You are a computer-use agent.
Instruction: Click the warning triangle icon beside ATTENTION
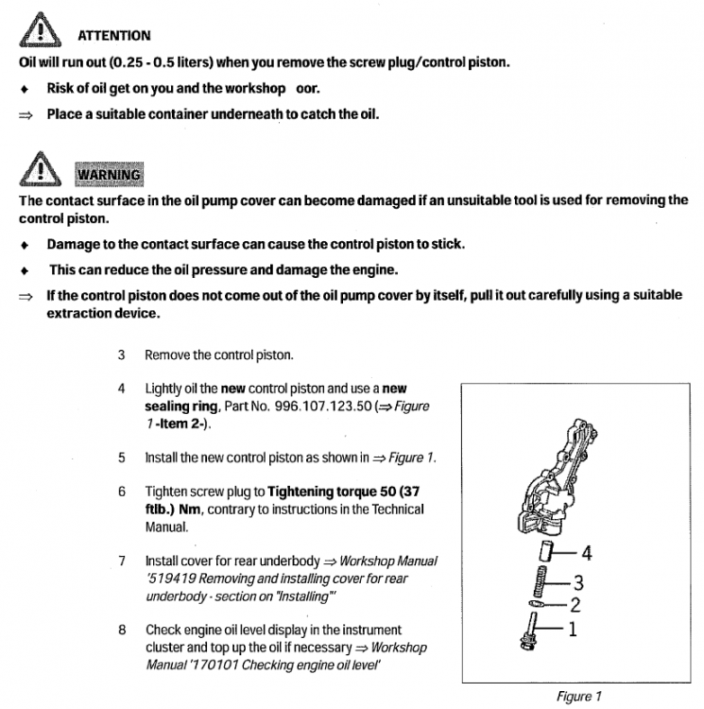pos(38,34)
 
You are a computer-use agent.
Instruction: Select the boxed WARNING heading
pos(109,174)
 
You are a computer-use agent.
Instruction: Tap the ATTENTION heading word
pos(112,36)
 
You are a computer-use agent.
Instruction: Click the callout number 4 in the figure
pos(586,553)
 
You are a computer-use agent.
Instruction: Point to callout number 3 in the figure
pos(579,582)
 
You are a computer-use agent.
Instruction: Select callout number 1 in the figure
pos(571,628)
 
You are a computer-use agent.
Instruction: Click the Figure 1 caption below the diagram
pos(579,697)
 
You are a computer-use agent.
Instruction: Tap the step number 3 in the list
pos(122,355)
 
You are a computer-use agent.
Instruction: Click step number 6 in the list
pos(122,493)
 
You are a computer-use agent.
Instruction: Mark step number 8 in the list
pos(122,630)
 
